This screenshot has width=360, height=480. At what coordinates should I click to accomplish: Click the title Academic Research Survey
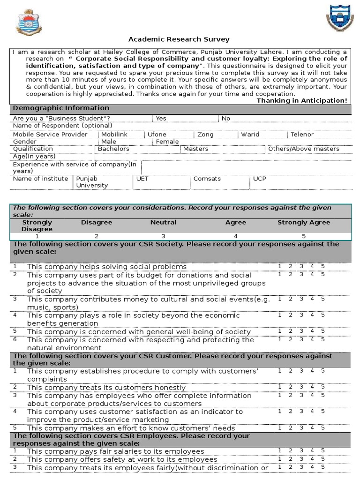point(179,39)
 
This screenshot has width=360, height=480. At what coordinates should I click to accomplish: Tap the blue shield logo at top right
point(338,19)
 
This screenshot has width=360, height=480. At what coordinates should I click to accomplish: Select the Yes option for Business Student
point(161,118)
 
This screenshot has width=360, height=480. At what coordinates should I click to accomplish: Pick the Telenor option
point(302,134)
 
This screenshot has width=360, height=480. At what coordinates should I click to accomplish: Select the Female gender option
point(167,141)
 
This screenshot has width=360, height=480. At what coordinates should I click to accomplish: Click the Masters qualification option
point(195,149)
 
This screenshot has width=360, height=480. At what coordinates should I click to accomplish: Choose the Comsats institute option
point(207,179)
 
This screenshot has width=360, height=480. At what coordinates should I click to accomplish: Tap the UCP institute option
point(259,179)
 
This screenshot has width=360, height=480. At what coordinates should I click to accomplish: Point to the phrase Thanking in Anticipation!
point(302,100)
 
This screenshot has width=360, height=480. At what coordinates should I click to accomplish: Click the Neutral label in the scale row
point(163,222)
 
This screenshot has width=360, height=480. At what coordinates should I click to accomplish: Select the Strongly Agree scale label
point(304,222)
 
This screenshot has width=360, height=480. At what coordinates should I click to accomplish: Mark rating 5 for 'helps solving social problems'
point(322,266)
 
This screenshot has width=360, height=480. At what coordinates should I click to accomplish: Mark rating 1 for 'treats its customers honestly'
point(279,387)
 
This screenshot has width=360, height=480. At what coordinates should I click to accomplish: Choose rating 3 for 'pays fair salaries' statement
point(301,450)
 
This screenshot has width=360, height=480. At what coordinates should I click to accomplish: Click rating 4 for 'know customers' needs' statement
point(312,427)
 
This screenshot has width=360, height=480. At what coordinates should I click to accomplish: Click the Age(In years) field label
point(34,156)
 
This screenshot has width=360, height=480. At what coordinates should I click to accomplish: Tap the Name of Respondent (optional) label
point(62,125)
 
